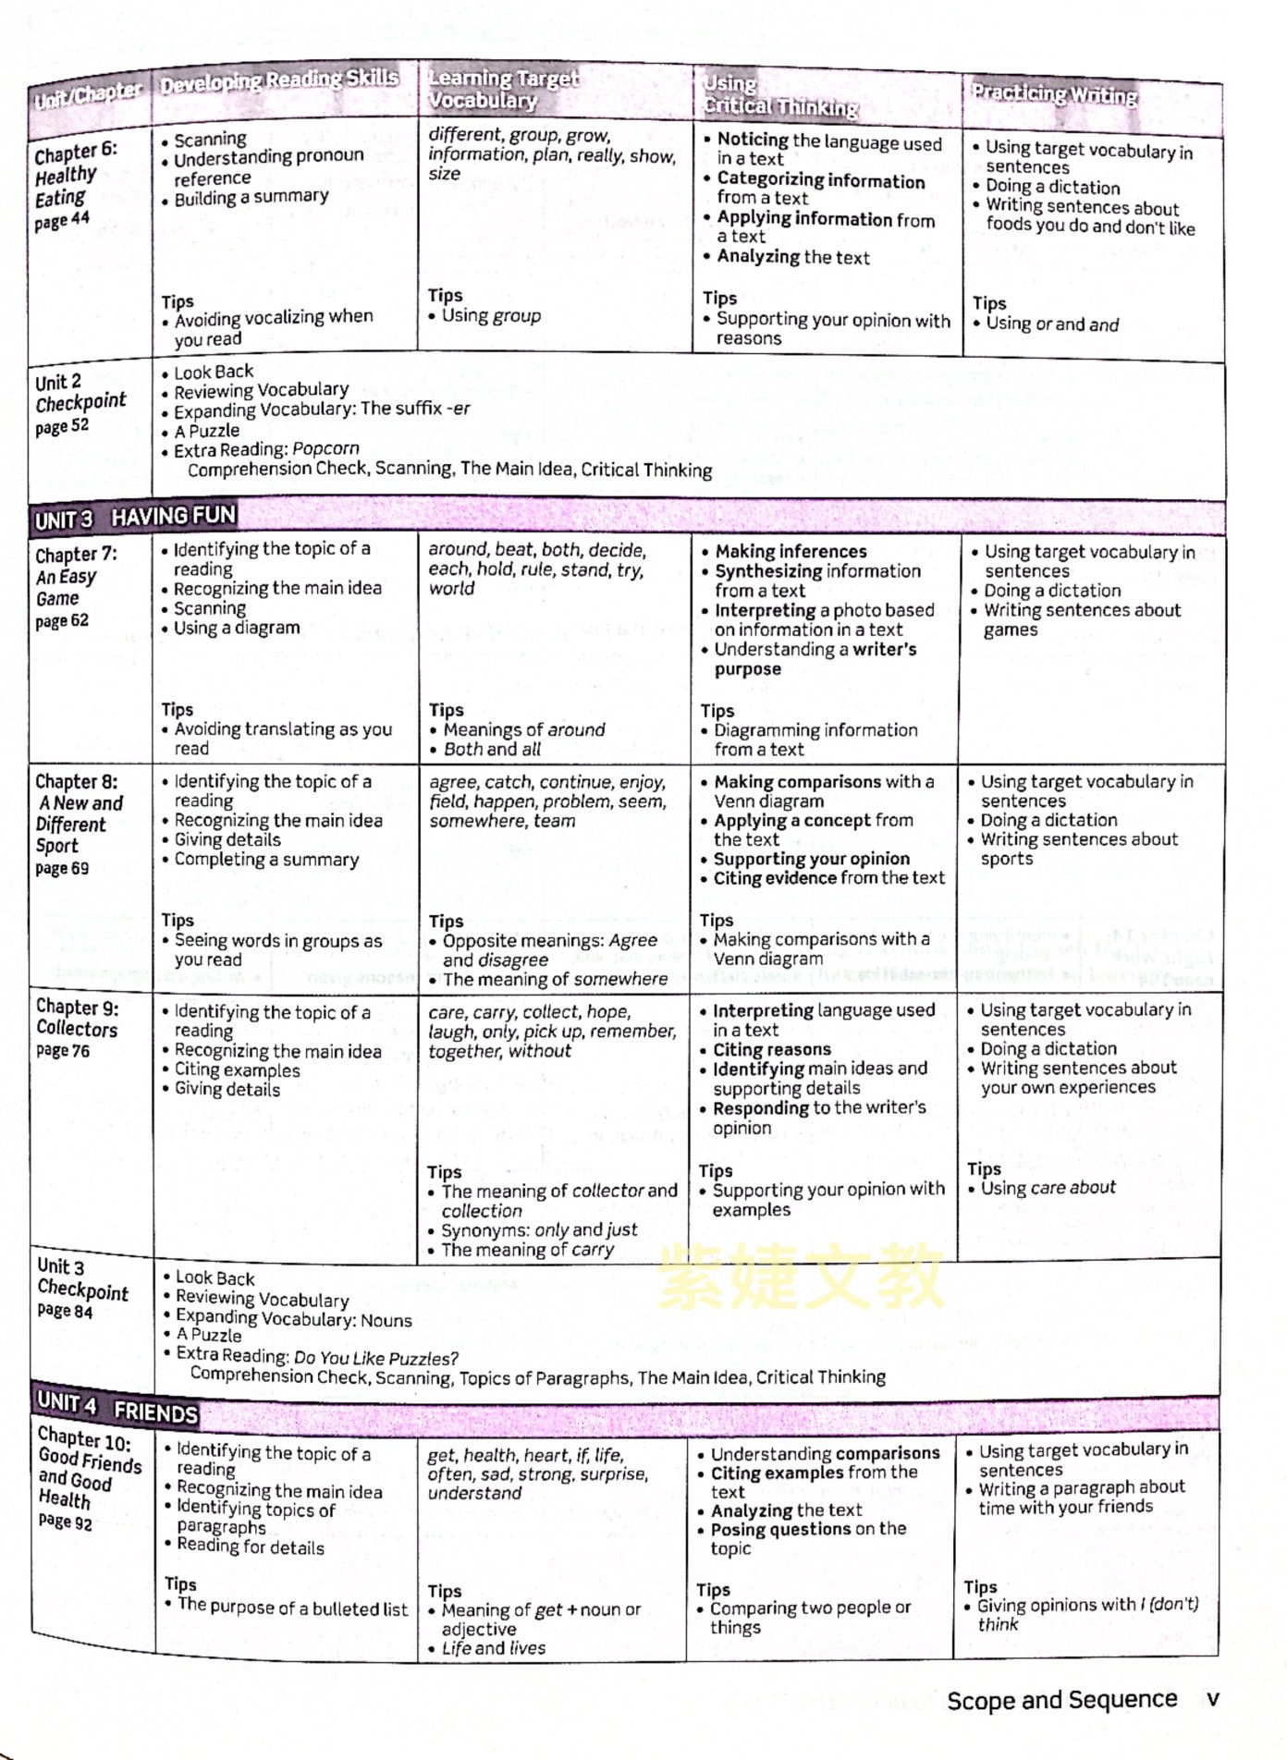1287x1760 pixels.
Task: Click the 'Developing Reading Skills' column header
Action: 278,80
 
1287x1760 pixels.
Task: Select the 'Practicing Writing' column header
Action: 1054,93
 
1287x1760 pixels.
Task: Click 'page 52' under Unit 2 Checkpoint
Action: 62,426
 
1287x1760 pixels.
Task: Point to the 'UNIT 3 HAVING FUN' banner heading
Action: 135,518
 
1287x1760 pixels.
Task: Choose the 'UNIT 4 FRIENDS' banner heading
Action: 116,1407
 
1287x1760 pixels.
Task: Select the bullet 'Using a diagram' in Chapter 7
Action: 236,628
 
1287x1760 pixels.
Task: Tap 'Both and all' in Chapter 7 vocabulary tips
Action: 492,749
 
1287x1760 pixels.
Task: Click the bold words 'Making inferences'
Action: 791,551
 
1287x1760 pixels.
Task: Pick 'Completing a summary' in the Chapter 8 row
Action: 266,859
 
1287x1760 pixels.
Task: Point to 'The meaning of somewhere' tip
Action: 555,979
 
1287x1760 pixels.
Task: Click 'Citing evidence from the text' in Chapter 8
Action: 828,877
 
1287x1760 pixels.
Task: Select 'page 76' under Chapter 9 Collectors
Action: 63,1050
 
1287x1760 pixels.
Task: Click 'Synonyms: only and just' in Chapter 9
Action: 539,1230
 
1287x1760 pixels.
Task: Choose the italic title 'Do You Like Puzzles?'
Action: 376,1358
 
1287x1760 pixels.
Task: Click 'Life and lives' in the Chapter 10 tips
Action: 494,1648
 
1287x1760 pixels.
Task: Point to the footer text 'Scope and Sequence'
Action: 1061,1699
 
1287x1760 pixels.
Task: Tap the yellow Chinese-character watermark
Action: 801,1277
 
